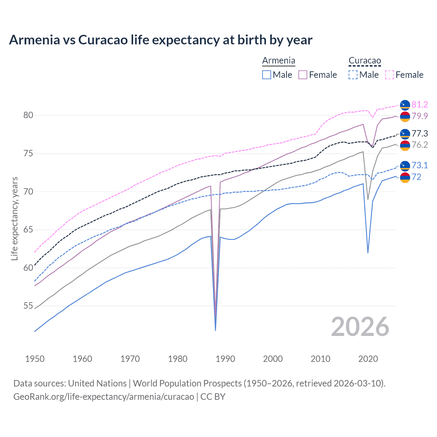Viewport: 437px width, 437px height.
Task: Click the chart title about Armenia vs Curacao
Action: coord(160,40)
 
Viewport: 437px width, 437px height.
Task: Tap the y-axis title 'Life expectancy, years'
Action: coord(14,218)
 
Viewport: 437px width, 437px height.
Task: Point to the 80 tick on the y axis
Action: coord(28,115)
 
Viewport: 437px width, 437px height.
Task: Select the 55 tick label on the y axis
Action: coord(28,306)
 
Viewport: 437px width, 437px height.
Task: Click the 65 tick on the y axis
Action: coord(28,230)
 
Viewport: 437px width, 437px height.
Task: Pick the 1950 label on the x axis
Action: coord(35,359)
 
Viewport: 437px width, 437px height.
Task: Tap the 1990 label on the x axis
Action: coord(225,359)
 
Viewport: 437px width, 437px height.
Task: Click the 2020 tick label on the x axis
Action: coord(368,359)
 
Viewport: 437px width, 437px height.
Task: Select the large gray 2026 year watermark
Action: coord(360,327)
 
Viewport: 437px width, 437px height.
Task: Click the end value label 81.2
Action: coord(420,104)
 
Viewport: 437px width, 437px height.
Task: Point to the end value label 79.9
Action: coord(420,116)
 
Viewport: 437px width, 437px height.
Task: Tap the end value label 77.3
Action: coord(420,133)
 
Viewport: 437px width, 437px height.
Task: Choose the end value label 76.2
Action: coord(420,145)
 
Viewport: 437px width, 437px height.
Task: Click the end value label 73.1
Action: coord(420,166)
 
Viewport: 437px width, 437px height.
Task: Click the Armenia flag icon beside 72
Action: coord(405,178)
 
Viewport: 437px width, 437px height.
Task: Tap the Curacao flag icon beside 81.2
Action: coord(405,105)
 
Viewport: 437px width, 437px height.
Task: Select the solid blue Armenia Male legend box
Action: coord(267,75)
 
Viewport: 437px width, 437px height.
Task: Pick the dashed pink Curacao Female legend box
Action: coord(390,75)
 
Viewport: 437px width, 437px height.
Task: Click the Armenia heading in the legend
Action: coord(279,61)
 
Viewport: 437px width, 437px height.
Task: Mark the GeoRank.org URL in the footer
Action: coord(103,397)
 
